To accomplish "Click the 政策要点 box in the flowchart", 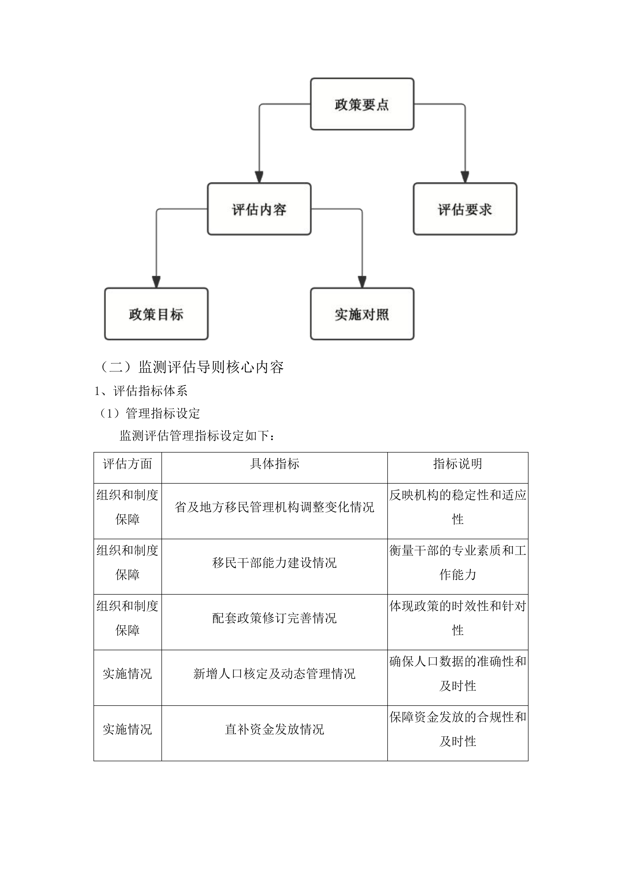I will (x=362, y=104).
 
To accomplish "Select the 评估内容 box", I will (x=259, y=209).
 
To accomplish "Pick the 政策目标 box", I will (x=156, y=314).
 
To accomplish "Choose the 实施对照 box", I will (x=362, y=314).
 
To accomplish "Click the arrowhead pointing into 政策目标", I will (x=156, y=282).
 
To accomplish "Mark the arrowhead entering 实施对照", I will (x=362, y=282).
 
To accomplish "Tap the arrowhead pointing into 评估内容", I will (x=259, y=177).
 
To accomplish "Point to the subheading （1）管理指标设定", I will (x=149, y=413).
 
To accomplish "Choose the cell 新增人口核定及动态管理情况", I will (x=274, y=674).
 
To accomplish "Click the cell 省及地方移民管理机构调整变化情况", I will (x=274, y=507).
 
